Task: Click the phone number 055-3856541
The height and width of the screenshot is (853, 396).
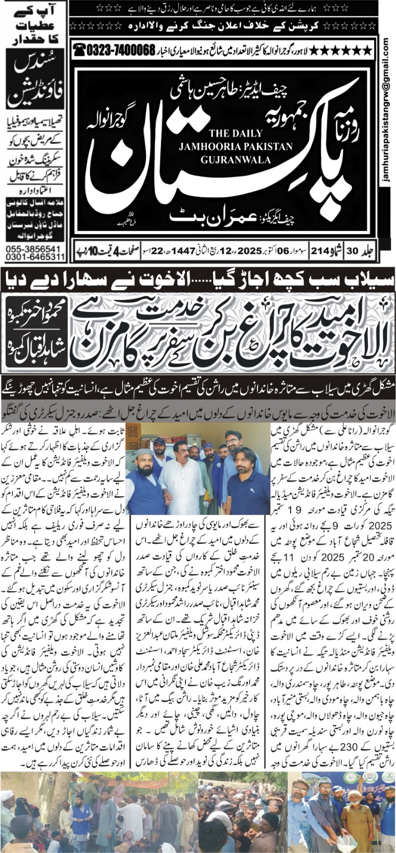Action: coord(33,250)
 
